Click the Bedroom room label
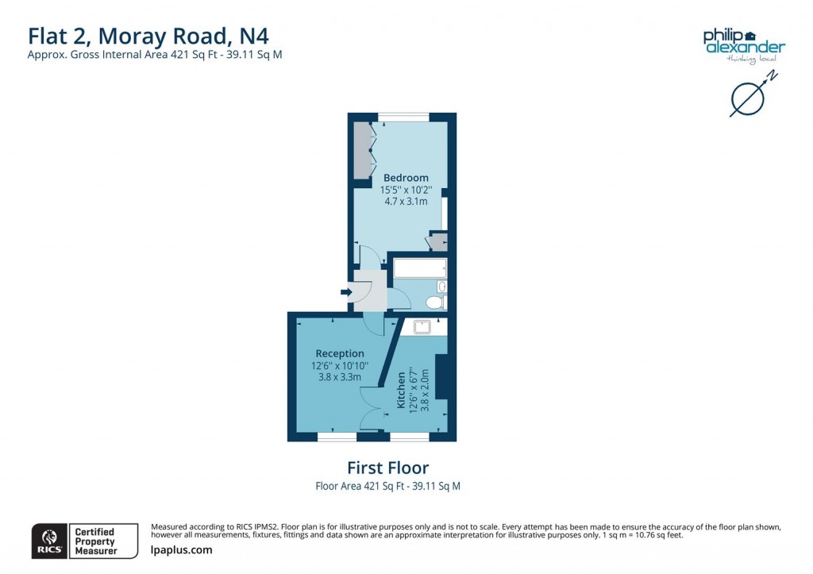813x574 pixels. pyautogui.click(x=406, y=178)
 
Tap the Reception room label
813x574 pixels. pyautogui.click(x=340, y=353)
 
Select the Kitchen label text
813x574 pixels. pyautogui.click(x=402, y=390)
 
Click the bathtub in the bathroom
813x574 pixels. pyautogui.click(x=420, y=268)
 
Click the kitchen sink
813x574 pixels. pyautogui.click(x=420, y=325)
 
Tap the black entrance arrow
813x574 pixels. pyautogui.click(x=346, y=292)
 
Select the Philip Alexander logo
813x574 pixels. pyautogui.click(x=743, y=43)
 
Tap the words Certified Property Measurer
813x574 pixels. pyautogui.click(x=94, y=541)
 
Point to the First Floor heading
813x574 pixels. pyautogui.click(x=387, y=468)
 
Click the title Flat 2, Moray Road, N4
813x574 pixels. pyautogui.click(x=154, y=36)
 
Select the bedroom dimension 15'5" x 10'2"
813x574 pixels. pyautogui.click(x=406, y=190)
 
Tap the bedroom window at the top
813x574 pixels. pyautogui.click(x=403, y=117)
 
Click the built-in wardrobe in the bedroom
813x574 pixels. pyautogui.click(x=364, y=150)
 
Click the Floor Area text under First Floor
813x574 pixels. pyautogui.click(x=387, y=486)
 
